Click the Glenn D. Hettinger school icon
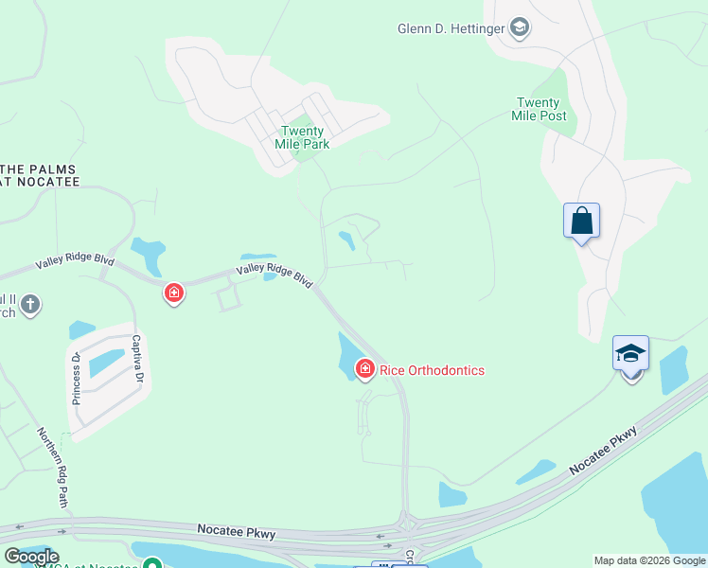[519, 27]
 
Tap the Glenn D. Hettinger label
[451, 28]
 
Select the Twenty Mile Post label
[541, 110]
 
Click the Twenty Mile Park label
[304, 137]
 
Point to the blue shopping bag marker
[581, 222]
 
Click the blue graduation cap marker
[630, 354]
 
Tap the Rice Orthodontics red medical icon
[364, 368]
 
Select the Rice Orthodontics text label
[432, 370]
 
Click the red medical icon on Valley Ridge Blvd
[173, 293]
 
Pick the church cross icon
[30, 304]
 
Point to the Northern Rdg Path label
[53, 466]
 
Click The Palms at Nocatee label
[38, 175]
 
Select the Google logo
[31, 557]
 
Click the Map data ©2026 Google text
[648, 560]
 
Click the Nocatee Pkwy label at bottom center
[237, 534]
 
